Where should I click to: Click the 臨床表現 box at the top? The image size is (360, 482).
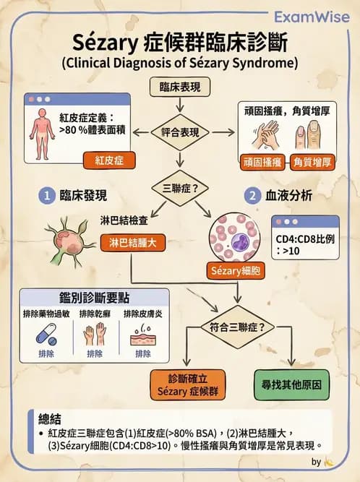(x=180, y=87)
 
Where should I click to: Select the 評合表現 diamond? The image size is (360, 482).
(x=180, y=132)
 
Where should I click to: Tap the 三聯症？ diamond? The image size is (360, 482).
(x=180, y=189)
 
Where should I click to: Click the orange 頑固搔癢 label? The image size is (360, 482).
(x=262, y=161)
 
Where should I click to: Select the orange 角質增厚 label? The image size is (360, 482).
(x=313, y=161)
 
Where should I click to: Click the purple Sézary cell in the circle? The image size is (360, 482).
(x=236, y=236)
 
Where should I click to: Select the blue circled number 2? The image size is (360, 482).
(x=253, y=195)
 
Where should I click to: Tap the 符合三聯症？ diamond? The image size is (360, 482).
(x=239, y=327)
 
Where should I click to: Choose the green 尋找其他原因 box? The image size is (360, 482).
(x=291, y=385)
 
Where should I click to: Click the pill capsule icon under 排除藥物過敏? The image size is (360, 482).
(x=46, y=335)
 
